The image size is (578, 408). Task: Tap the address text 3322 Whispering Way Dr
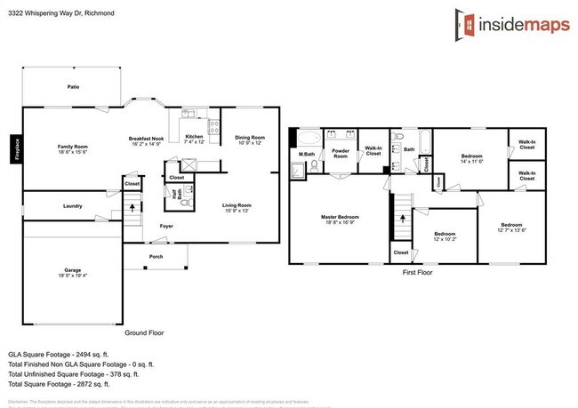(53, 12)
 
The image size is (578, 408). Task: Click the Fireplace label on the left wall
(16, 148)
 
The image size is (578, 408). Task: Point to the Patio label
(73, 87)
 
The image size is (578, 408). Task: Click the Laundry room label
(73, 206)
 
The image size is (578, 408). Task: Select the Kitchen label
(194, 137)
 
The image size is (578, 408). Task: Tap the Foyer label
(166, 226)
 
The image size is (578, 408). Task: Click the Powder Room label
(339, 152)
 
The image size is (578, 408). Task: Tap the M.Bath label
(307, 156)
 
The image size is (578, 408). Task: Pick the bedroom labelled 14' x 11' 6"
(471, 157)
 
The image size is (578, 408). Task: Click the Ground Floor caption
(145, 332)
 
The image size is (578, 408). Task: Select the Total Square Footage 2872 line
(59, 384)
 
